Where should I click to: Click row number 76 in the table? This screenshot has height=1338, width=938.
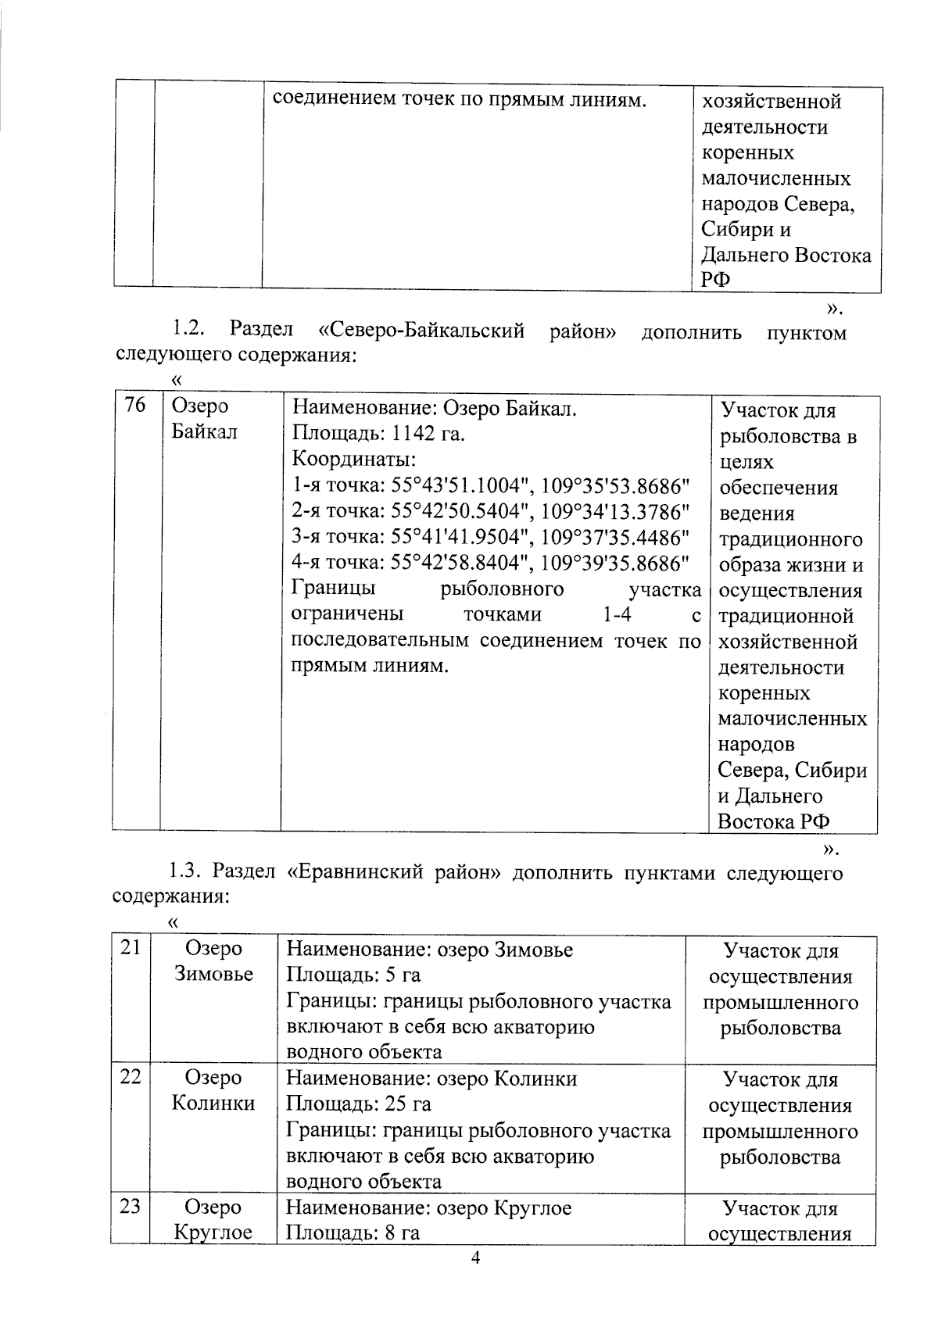coord(135,406)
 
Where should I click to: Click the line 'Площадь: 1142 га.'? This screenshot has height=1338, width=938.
coord(378,433)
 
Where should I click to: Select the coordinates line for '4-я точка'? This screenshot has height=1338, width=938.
coord(490,562)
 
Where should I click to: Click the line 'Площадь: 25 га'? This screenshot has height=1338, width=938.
coord(359,1104)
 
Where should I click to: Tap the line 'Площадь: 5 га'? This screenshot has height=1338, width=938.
coord(353,975)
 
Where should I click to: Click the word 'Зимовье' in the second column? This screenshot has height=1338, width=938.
coord(213,974)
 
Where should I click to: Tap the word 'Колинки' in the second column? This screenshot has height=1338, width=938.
coord(213,1103)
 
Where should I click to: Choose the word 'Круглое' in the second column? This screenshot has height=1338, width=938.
coord(213,1232)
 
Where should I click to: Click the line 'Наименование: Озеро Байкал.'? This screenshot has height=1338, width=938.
coord(434,407)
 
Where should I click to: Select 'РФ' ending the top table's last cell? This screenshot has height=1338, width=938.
coord(715,281)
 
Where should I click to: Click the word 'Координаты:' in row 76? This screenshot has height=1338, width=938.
coord(353,459)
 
